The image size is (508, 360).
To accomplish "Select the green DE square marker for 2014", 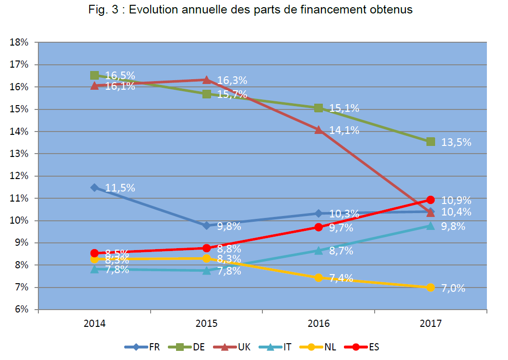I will click(x=95, y=75).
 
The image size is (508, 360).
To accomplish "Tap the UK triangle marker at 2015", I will click(x=206, y=80).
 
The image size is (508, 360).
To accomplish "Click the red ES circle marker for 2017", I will click(x=430, y=200).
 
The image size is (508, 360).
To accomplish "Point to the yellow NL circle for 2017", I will click(x=430, y=288).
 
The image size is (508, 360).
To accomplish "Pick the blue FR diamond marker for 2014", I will click(x=95, y=187).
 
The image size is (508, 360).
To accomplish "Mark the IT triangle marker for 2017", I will click(x=430, y=226).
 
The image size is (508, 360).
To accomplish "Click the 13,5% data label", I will click(x=456, y=143).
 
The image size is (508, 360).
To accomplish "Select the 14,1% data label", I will click(x=344, y=130).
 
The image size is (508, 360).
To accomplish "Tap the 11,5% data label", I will click(x=120, y=188).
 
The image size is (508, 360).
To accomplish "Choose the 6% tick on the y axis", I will click(x=21, y=310).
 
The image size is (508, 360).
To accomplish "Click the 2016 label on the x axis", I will click(x=319, y=324).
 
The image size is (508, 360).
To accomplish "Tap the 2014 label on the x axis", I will click(x=95, y=324).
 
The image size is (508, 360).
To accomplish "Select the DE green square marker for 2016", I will click(x=319, y=108).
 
